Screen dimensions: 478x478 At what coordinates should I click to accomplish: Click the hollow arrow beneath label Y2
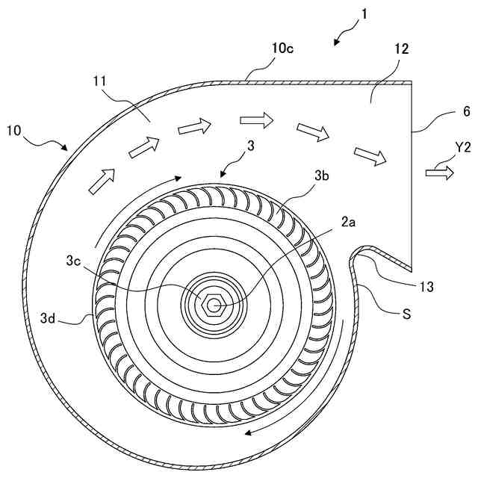tap(439, 173)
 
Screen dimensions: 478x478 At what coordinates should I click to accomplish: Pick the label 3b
tap(322, 176)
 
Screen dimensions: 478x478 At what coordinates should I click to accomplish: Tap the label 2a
tap(350, 222)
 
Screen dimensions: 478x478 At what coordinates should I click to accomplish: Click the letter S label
tap(406, 315)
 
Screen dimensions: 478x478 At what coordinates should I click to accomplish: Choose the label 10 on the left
tap(14, 131)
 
